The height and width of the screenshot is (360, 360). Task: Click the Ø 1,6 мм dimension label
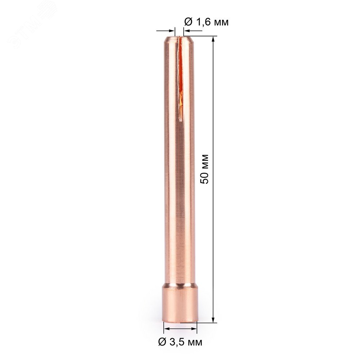click(206, 22)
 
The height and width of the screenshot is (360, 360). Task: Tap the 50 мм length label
click(204, 169)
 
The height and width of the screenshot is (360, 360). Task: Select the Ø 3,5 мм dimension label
click(180, 342)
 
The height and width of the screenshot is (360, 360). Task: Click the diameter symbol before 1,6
click(188, 22)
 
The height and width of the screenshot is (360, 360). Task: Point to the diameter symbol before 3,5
click(162, 342)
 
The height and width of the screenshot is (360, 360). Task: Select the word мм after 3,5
click(195, 343)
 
